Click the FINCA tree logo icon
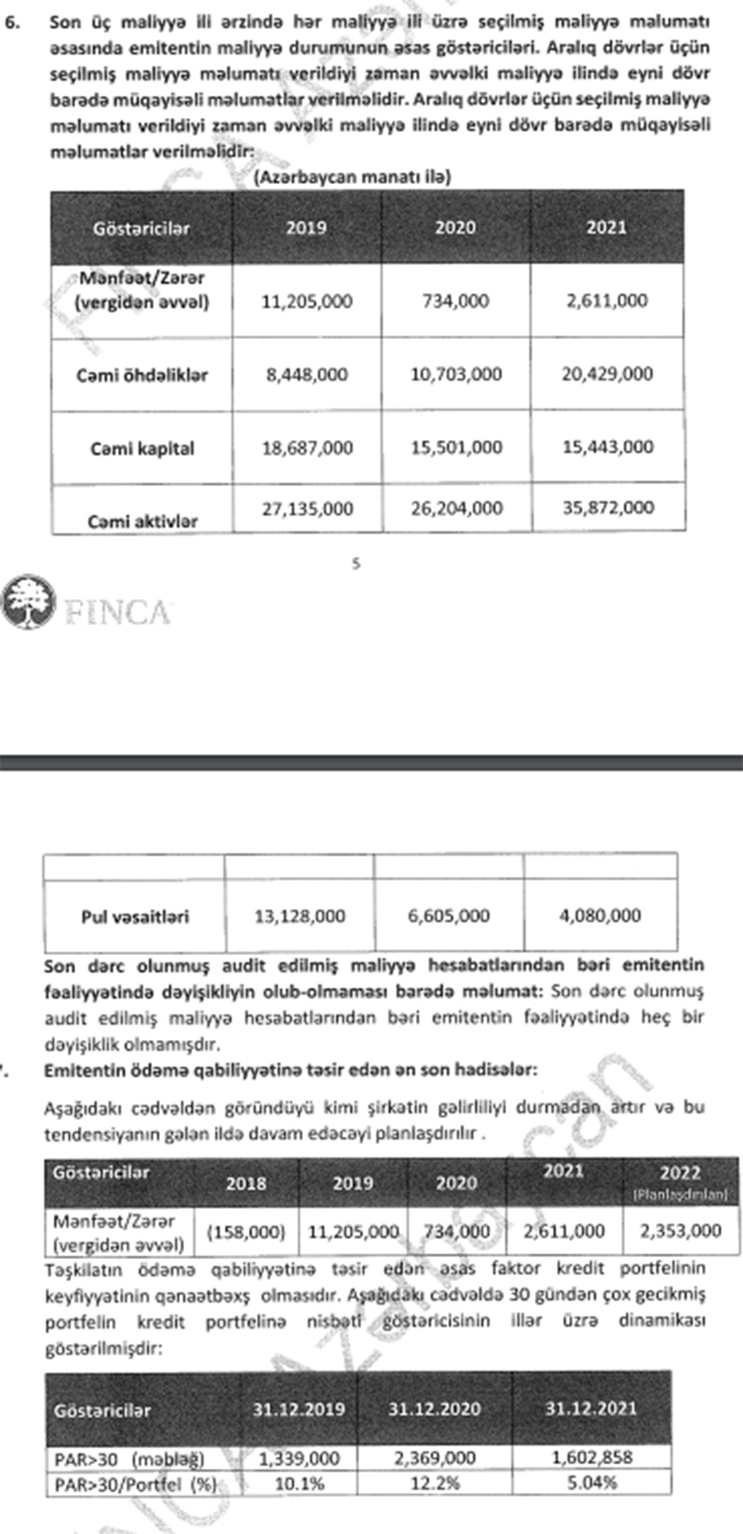point(28,604)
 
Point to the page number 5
point(356,563)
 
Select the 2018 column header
point(245,1183)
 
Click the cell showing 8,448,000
point(306,374)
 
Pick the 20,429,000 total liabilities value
point(607,373)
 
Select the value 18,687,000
point(306,448)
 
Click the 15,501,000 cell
point(456,448)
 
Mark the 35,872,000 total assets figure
point(607,508)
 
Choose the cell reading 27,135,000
point(306,509)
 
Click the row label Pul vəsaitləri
point(135,916)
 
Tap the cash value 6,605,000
point(449,916)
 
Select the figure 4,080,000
point(600,916)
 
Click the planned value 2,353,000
point(680,1230)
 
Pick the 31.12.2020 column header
point(434,1409)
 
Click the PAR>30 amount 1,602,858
point(591,1457)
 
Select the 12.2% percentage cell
point(434,1483)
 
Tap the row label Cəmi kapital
point(142,448)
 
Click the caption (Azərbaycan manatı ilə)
point(352,176)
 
